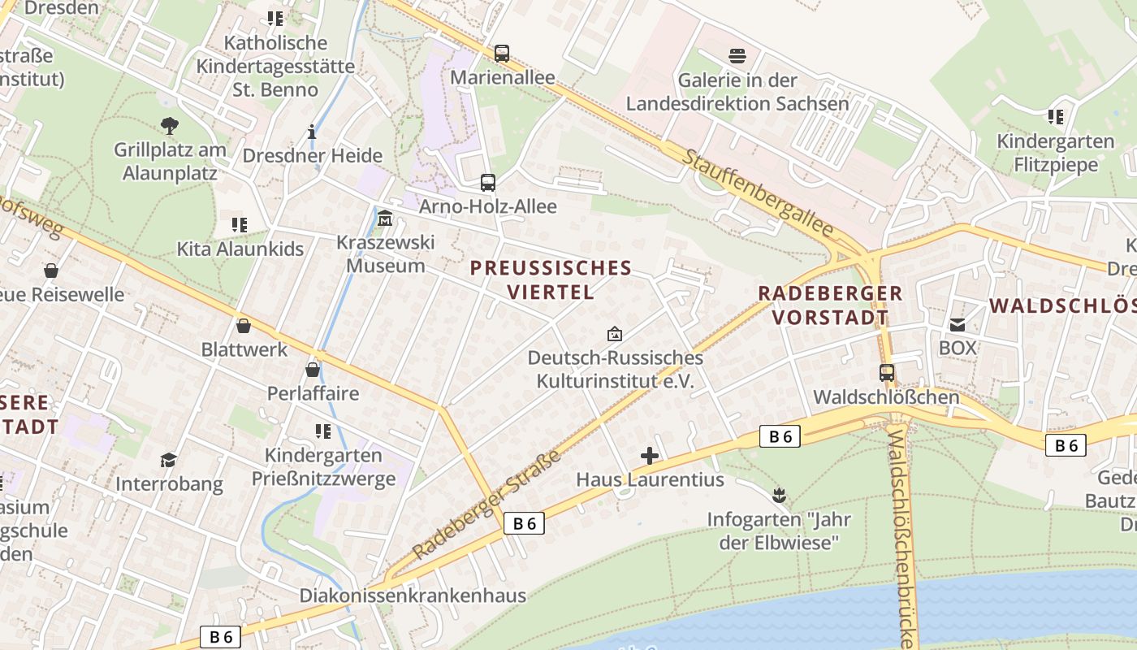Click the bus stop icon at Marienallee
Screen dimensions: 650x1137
tap(502, 54)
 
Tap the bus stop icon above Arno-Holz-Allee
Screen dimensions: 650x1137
tap(487, 183)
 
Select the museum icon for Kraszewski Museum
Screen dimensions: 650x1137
tap(385, 219)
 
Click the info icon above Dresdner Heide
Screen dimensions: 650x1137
tap(311, 132)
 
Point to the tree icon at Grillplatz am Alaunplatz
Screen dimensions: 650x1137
tap(170, 126)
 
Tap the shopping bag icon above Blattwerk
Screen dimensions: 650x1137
tap(243, 326)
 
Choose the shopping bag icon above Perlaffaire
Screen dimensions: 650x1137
tap(313, 370)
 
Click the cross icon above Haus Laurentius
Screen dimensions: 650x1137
tap(650, 456)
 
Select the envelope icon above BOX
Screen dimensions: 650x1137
tap(958, 324)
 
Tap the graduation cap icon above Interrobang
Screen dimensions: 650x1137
tap(168, 460)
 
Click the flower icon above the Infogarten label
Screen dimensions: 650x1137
tap(779, 495)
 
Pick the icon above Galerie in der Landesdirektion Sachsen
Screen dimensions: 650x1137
tap(737, 56)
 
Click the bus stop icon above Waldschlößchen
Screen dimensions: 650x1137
tap(887, 373)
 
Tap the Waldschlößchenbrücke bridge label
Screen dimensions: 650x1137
tap(905, 536)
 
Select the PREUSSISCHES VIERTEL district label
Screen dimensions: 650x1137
tap(551, 279)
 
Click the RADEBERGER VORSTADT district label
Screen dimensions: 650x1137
tap(829, 305)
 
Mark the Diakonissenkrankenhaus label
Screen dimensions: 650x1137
tap(413, 596)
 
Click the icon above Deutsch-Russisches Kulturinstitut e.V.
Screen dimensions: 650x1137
tap(615, 333)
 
